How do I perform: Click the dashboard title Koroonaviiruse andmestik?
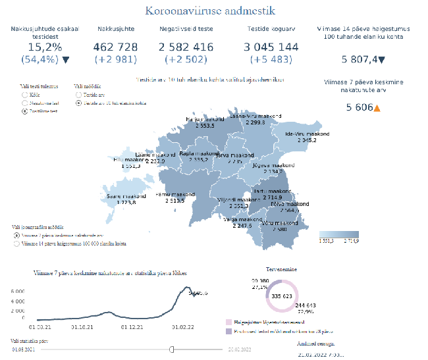[210, 11]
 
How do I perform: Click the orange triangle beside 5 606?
[377, 107]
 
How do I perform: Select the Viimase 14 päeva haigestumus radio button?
[16, 244]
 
